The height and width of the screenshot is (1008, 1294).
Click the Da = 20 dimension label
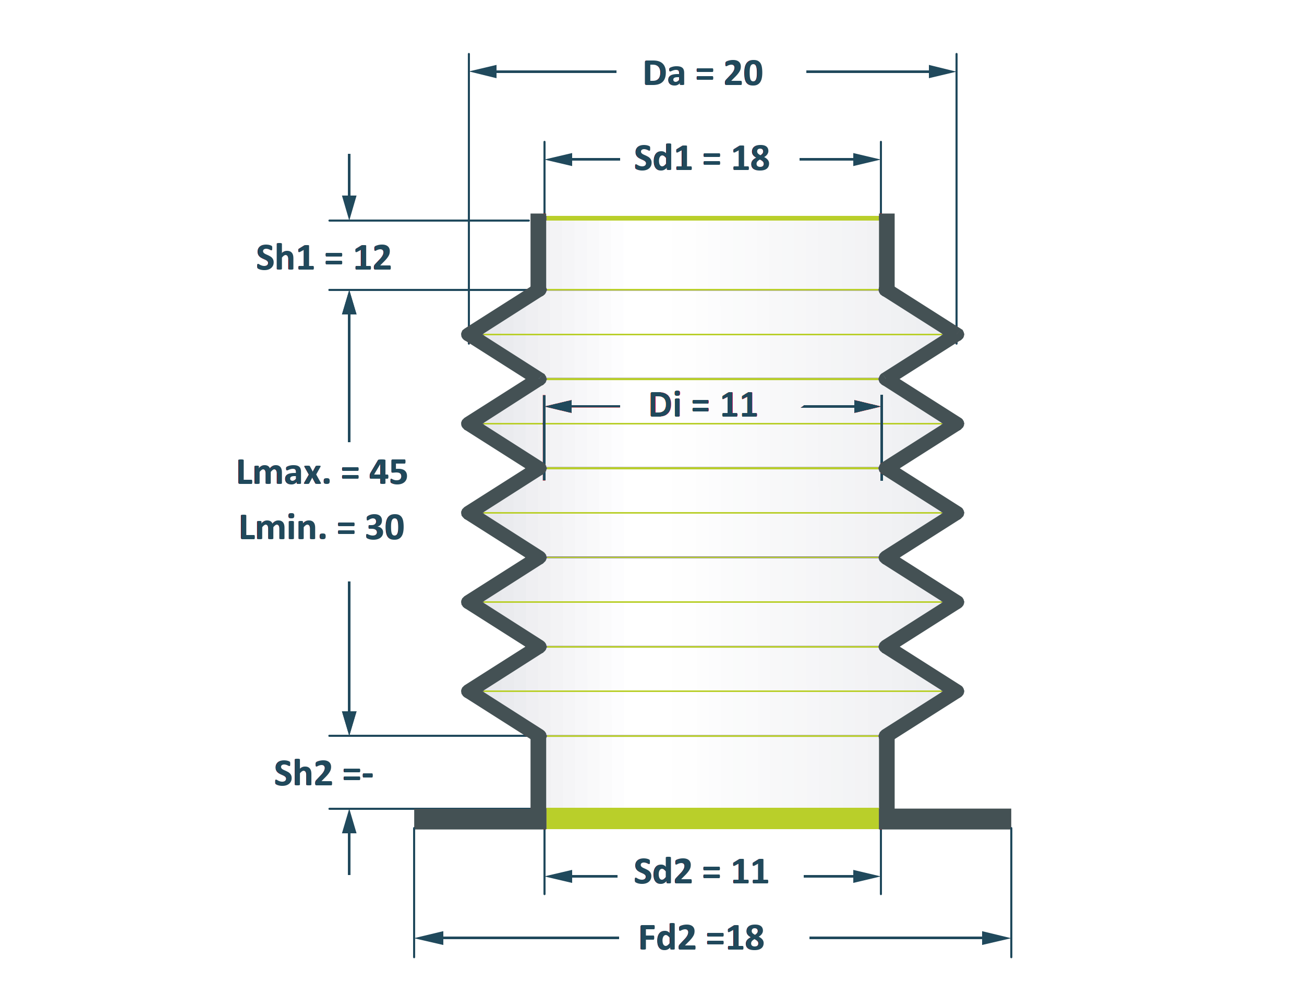point(703,73)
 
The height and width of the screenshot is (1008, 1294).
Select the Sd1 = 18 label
point(702,158)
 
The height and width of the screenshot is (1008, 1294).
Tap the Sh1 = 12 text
point(323,258)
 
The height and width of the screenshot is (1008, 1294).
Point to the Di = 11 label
point(703,405)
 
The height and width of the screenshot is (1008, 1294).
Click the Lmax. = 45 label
point(322,472)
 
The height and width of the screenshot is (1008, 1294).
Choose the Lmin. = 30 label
point(321,527)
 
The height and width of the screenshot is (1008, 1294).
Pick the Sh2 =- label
point(323,773)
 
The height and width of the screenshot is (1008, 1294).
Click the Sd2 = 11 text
point(702,871)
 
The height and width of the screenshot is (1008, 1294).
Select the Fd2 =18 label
point(702,938)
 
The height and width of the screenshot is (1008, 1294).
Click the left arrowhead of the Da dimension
point(483,71)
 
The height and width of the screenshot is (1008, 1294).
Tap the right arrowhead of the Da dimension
point(942,71)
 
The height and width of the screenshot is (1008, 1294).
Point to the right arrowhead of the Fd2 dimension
point(997,938)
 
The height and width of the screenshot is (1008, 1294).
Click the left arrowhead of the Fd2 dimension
point(429,938)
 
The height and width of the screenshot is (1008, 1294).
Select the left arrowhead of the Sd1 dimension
point(559,160)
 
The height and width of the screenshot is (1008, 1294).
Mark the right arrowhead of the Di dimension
point(867,406)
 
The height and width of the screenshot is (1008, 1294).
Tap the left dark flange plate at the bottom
point(479,819)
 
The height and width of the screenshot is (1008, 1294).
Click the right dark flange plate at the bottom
point(946,819)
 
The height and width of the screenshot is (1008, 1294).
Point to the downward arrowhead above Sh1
point(349,208)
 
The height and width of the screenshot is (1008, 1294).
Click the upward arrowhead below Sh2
point(349,822)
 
